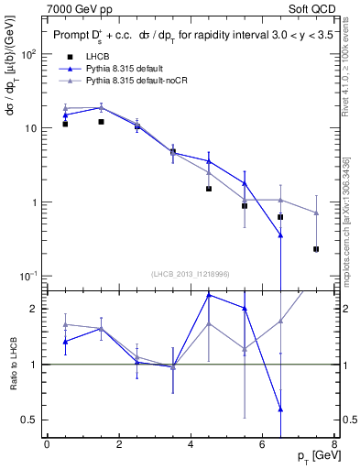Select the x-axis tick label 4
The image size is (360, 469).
[x=191, y=444]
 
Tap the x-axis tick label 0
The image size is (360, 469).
[x=47, y=444]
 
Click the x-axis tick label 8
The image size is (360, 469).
[x=334, y=444]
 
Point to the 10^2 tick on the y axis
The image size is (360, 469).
[x=30, y=54]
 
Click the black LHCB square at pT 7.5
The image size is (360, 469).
[x=316, y=249]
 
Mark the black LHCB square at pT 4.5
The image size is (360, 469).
[x=209, y=189]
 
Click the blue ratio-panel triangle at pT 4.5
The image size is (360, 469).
[x=209, y=295]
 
